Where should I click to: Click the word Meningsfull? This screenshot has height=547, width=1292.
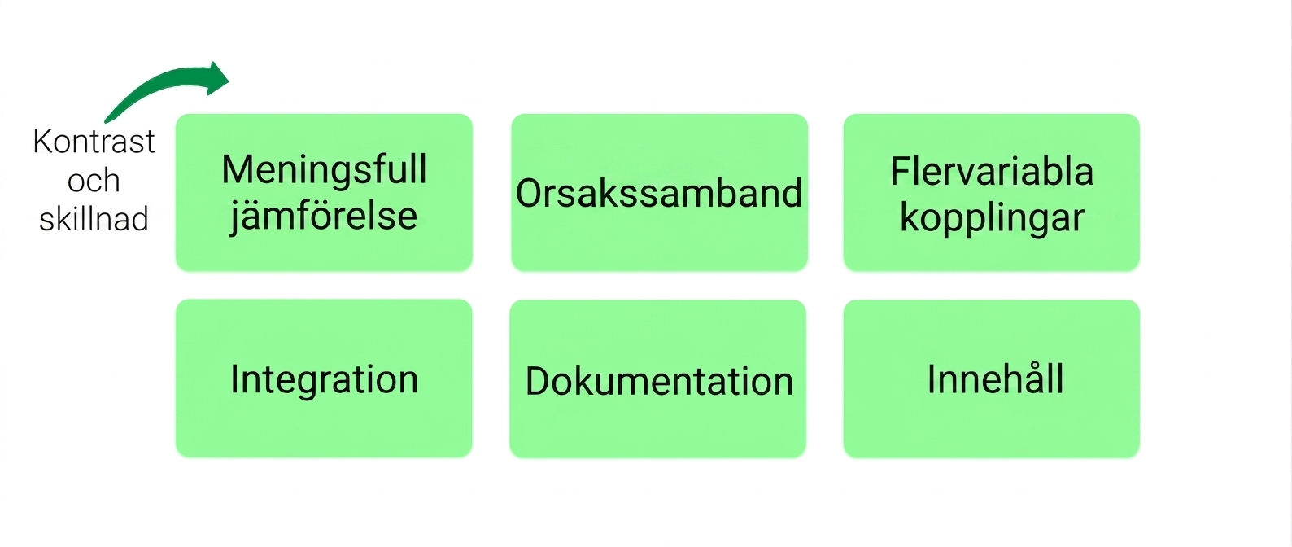(x=324, y=169)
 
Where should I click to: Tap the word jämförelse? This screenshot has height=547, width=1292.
(x=324, y=217)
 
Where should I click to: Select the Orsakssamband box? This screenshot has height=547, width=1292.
(x=659, y=192)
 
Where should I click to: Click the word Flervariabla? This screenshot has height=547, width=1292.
(x=992, y=171)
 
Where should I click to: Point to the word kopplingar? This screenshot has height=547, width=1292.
(x=992, y=218)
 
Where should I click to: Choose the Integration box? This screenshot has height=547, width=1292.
(x=324, y=378)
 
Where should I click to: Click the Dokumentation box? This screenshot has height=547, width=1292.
(x=658, y=379)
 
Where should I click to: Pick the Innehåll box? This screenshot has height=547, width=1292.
(x=992, y=379)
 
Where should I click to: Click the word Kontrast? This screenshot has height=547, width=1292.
(x=94, y=142)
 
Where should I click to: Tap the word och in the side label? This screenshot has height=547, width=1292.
(x=94, y=180)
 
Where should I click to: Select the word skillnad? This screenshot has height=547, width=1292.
(x=94, y=219)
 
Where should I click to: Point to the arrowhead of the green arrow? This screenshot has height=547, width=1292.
(x=218, y=78)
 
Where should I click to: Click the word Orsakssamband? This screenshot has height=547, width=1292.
(x=659, y=193)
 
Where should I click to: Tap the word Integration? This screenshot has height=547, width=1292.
(x=324, y=379)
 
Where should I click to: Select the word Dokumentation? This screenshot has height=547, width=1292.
(x=659, y=381)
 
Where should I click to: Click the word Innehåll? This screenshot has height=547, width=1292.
(x=995, y=379)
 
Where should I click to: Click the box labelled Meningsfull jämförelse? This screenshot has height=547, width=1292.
(x=324, y=192)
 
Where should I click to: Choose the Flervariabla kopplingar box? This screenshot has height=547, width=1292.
(x=992, y=192)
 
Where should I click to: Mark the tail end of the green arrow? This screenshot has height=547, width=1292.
(x=106, y=121)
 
